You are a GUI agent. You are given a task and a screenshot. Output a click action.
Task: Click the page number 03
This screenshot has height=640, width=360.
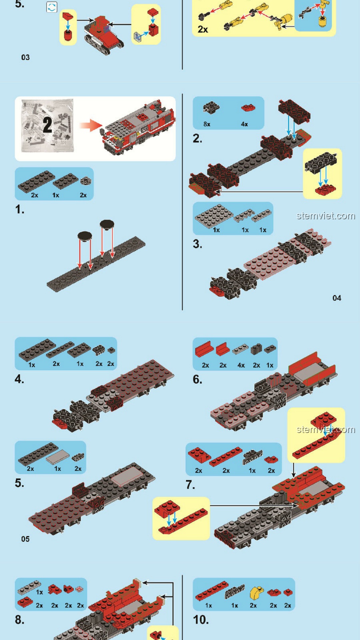coord(25,57)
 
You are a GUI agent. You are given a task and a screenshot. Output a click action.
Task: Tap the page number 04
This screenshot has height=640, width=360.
coord(337,298)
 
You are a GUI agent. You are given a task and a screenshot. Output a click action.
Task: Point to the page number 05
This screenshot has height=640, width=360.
coord(25,539)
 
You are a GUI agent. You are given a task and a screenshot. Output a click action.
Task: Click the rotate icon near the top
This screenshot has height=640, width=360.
coord(52,7)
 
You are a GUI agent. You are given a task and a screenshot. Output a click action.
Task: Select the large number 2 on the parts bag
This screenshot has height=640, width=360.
coord(47,125)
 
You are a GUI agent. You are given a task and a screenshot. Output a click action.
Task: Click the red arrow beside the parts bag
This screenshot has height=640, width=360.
coord(91,125)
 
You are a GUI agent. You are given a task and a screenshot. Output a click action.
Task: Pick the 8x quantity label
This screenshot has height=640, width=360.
coord(207,124)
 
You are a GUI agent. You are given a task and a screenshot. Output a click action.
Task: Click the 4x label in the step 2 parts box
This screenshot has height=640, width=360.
coord(244,124)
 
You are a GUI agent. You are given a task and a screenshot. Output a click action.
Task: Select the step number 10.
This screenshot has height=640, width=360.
coord(201,620)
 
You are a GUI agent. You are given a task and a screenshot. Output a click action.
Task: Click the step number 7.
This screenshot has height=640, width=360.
coord(190,485)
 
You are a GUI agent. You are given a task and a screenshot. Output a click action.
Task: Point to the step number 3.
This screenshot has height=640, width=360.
coord(197,244)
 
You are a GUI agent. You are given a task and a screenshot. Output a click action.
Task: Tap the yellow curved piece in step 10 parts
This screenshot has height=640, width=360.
coord(256,593)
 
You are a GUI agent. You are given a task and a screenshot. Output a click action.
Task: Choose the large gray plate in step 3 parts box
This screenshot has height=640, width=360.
coord(214,216)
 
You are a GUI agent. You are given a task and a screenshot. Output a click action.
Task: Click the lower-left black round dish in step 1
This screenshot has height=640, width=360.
coord(85,236)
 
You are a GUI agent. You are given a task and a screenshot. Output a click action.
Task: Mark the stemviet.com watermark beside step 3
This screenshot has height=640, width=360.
coord(326,216)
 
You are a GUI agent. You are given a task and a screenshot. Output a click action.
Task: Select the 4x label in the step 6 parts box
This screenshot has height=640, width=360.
coord(241,365)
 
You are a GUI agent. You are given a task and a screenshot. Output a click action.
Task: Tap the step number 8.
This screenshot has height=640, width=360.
coord(19,620)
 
